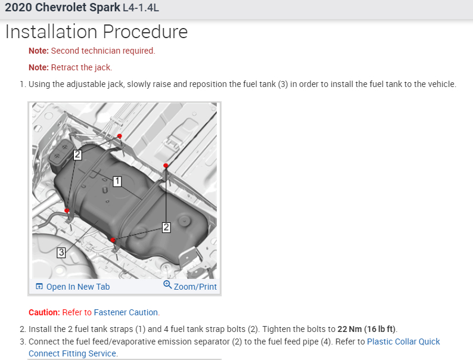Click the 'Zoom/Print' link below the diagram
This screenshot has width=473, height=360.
195,287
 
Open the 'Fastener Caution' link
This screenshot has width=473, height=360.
126,312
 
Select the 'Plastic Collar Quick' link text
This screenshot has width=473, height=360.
403,342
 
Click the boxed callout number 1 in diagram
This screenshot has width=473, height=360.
117,181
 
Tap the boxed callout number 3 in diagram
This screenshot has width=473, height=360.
61,252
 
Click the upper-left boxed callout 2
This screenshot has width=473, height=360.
77,155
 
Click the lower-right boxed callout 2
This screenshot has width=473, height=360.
166,227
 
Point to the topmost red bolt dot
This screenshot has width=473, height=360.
120,136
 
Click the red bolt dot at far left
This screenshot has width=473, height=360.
67,210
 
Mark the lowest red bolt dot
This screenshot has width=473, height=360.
113,240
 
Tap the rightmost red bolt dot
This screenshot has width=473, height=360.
166,165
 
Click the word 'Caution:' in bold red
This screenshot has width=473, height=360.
44,312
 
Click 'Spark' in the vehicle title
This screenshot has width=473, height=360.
104,7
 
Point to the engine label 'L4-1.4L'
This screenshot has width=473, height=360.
141,8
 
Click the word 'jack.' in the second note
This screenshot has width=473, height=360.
104,67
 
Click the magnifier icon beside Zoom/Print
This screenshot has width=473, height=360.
167,284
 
